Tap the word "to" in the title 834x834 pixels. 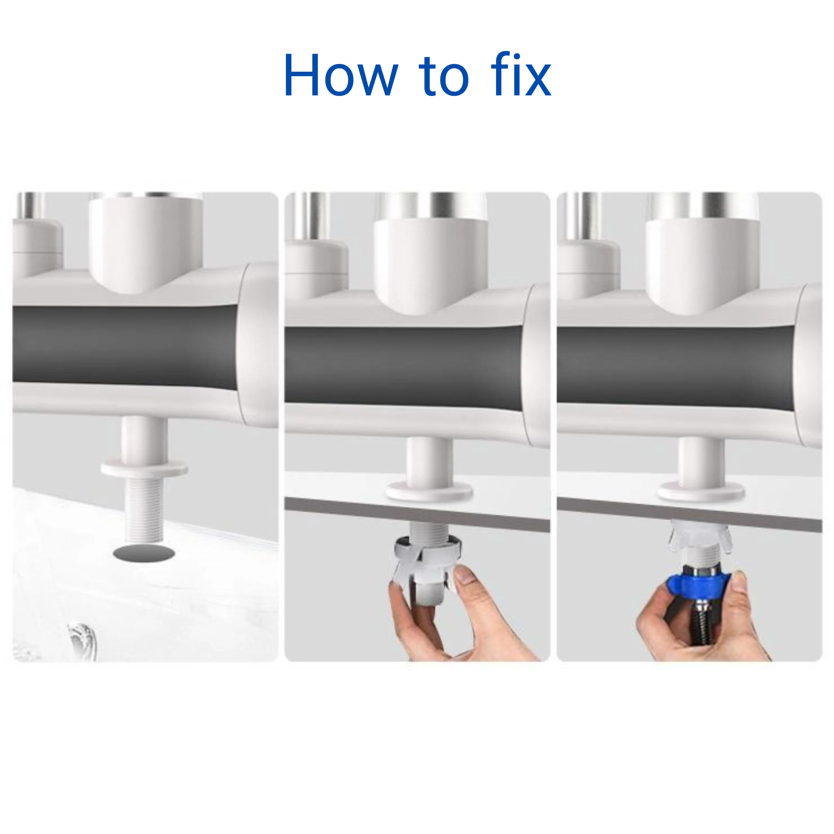point(443,77)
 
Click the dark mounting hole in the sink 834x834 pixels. point(144,553)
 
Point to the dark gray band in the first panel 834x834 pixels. point(125,344)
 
